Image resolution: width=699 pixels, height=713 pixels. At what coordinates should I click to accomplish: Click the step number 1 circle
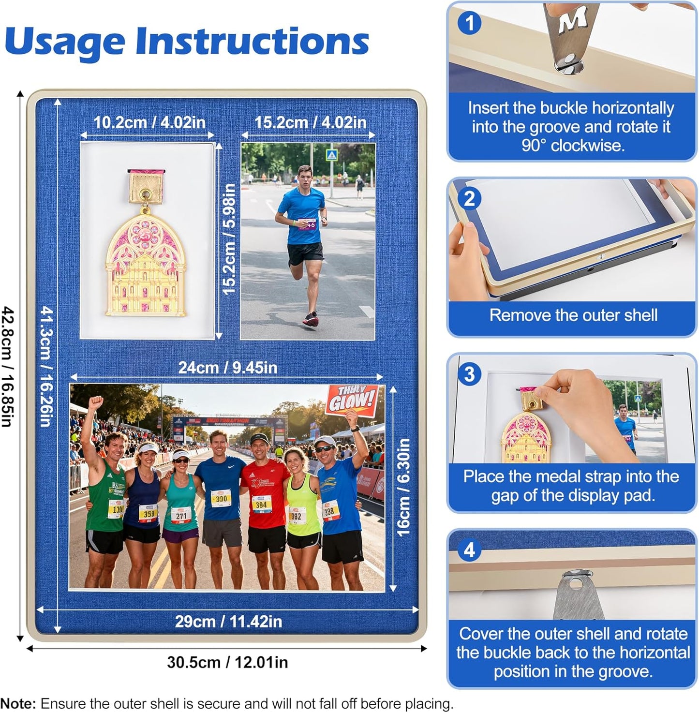(x=469, y=23)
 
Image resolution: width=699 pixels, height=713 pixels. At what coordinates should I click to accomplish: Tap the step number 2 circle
(x=469, y=199)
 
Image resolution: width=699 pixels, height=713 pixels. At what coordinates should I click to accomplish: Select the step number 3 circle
(x=469, y=374)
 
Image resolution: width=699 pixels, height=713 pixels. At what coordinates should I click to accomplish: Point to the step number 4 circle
(x=469, y=550)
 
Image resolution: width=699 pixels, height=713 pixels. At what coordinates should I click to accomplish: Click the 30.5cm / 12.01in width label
(x=227, y=662)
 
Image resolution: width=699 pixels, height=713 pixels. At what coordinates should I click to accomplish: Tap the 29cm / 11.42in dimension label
(x=228, y=621)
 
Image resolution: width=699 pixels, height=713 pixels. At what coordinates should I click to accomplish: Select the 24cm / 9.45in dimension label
(x=227, y=368)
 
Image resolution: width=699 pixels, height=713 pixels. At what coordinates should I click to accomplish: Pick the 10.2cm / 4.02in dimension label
(x=149, y=122)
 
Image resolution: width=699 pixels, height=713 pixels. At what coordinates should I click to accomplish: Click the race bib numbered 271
(x=181, y=516)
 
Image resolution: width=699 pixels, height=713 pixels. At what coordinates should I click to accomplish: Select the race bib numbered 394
(x=261, y=505)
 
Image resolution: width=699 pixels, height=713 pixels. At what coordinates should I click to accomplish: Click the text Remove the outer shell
(x=573, y=315)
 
